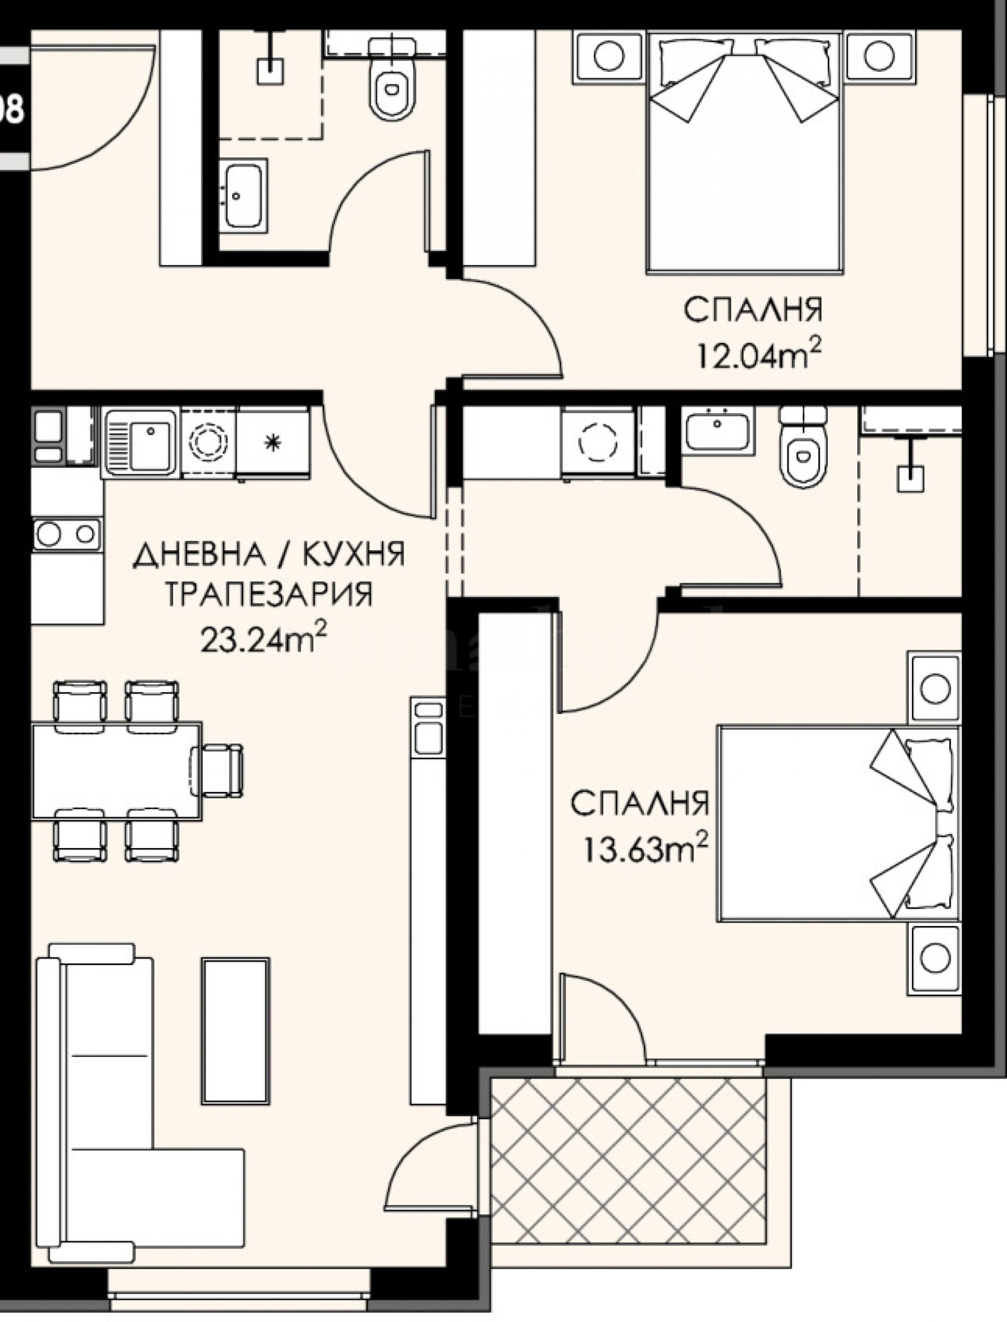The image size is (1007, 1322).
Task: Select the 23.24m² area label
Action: (264, 640)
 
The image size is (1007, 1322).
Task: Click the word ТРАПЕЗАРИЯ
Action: (269, 594)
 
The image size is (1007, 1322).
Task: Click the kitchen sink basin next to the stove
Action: (140, 441)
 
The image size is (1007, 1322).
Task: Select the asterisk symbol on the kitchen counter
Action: (272, 443)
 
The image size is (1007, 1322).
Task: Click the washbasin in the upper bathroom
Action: (243, 195)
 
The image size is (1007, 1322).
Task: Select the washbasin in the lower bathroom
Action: (717, 429)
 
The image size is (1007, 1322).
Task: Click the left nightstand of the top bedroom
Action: (608, 57)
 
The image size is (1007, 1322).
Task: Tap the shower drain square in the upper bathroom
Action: (271, 71)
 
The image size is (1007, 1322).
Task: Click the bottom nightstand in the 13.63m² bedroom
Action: (934, 959)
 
